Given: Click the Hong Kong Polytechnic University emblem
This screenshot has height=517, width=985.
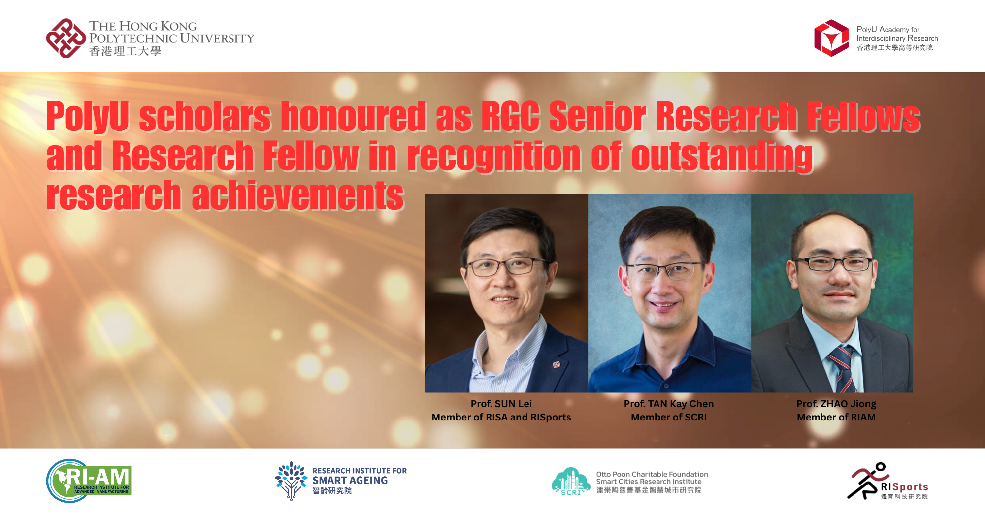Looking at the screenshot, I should click(66, 38).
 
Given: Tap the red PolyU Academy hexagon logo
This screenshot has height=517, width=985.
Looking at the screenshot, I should click(831, 38).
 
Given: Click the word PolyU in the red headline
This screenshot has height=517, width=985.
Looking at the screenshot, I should click(88, 117).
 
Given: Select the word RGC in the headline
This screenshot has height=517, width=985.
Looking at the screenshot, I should click(510, 117).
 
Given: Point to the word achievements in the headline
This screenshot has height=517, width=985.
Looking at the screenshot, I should click(297, 196).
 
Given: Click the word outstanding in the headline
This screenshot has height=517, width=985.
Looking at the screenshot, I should click(722, 157).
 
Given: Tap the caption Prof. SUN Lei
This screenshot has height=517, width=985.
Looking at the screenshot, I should click(501, 404).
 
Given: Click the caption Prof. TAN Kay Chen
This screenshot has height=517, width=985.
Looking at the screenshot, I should click(668, 404).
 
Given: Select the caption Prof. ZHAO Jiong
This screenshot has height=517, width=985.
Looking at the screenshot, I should click(836, 404).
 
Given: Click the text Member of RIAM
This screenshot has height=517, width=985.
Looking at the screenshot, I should click(836, 417).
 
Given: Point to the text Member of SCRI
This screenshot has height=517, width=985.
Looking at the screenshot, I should click(668, 417).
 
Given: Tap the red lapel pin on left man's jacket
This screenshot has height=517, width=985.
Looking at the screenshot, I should click(556, 365).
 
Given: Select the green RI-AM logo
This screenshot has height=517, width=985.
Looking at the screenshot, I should click(90, 481).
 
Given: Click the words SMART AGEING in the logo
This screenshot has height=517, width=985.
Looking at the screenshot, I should click(350, 480).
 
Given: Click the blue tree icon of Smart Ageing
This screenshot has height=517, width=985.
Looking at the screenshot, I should click(291, 480).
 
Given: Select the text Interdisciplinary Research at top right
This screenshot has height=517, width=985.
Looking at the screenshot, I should click(897, 38).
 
